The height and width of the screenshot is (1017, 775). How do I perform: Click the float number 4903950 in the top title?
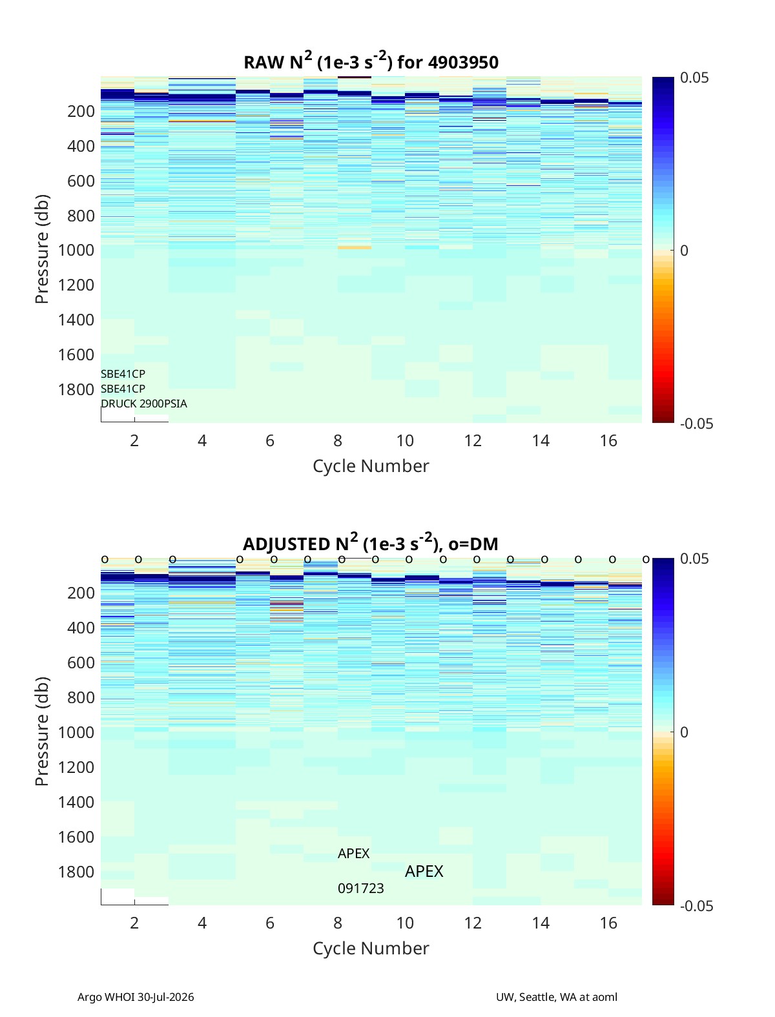[463, 62]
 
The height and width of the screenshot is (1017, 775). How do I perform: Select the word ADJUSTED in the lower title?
[286, 544]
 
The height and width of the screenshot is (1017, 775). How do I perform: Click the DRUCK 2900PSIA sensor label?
[144, 404]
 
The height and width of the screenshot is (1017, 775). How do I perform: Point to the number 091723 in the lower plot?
[361, 889]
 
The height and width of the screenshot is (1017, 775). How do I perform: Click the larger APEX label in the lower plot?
[424, 871]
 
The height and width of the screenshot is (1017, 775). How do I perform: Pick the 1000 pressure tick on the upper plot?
[76, 250]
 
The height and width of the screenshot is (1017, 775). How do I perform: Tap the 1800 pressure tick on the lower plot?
[76, 872]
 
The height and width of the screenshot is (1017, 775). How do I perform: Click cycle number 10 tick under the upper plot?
[405, 440]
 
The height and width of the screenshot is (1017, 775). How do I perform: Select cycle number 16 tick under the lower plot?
[608, 923]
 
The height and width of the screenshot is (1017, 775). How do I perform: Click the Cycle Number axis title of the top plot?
[371, 466]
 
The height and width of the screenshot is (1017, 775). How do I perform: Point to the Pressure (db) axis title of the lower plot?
[42, 731]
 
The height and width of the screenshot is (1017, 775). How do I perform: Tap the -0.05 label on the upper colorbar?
[696, 424]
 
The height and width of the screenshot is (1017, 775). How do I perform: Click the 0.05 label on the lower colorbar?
[694, 559]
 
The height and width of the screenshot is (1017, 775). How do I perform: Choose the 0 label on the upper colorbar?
[684, 251]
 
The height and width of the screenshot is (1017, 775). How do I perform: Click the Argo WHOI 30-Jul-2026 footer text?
[136, 997]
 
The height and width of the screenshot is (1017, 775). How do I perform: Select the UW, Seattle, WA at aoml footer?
[556, 997]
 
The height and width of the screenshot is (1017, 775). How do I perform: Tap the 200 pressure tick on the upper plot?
[81, 111]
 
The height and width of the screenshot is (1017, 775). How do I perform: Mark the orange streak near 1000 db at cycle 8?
[355, 247]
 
